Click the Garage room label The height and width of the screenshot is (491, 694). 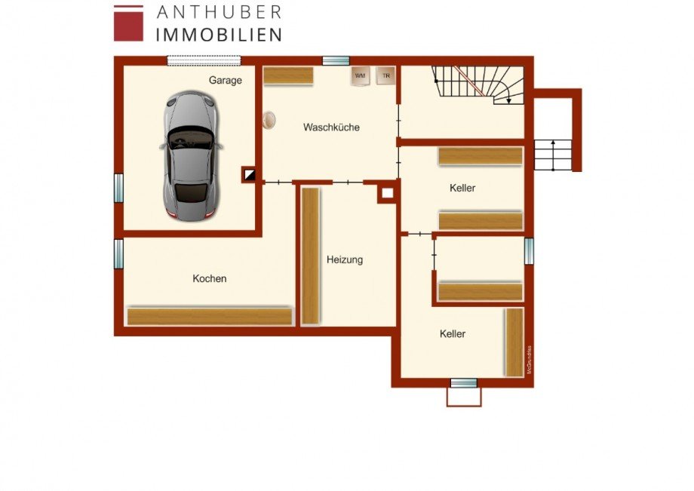click(226, 80)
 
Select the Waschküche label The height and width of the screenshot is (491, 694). click(331, 127)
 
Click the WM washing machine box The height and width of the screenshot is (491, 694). click(360, 75)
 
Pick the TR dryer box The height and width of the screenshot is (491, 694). click(385, 75)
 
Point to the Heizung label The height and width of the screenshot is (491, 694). click(345, 259)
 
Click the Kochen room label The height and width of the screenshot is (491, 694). click(209, 278)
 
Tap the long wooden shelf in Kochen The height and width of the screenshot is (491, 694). click(209, 316)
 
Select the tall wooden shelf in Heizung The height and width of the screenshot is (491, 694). click(310, 256)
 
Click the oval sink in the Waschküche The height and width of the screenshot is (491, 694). click(269, 120)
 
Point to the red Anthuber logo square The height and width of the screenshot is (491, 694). click(128, 23)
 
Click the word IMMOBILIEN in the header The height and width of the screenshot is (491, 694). click(219, 35)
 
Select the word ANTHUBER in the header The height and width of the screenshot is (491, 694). click(219, 12)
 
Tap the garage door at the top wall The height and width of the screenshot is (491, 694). click(204, 60)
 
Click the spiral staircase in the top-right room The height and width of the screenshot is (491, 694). click(478, 83)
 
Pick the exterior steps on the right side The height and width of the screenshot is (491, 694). click(554, 154)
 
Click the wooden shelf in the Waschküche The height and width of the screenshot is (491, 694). click(288, 75)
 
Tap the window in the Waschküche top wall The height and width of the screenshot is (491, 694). click(336, 60)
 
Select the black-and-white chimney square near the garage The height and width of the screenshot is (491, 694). click(249, 175)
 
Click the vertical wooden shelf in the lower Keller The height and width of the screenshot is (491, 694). click(514, 342)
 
